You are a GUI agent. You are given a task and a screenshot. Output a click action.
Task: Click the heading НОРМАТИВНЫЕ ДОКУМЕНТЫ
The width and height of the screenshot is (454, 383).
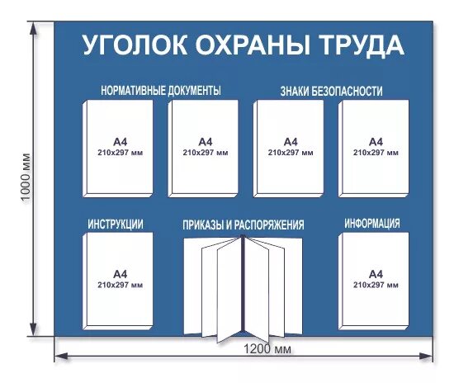pyautogui.click(x=161, y=91)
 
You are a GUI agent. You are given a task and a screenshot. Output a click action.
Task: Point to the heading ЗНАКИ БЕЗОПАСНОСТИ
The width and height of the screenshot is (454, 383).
pyautogui.click(x=331, y=91)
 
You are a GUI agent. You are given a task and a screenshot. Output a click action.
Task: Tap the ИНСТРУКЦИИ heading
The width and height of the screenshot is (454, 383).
pyautogui.click(x=116, y=224)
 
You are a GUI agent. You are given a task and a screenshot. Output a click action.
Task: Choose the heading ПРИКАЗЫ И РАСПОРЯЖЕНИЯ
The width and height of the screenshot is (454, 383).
pyautogui.click(x=244, y=225)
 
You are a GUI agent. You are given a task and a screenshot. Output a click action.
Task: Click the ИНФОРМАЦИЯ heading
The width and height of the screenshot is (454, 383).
pyautogui.click(x=372, y=223)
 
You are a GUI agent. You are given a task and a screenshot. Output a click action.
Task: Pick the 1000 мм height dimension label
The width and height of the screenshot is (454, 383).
pyautogui.click(x=26, y=177)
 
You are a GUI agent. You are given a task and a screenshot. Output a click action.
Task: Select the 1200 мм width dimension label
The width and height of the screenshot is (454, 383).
pyautogui.click(x=267, y=349)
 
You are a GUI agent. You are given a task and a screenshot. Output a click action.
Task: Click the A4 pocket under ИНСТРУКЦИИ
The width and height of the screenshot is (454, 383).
pyautogui.click(x=118, y=281)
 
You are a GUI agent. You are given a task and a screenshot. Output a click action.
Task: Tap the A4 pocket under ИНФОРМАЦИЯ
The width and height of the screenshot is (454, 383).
pyautogui.click(x=373, y=281)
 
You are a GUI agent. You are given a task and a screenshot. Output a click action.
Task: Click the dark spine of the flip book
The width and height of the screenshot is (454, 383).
pyautogui.click(x=243, y=284)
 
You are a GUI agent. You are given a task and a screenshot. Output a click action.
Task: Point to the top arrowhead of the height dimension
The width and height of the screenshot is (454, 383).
pyautogui.click(x=34, y=27)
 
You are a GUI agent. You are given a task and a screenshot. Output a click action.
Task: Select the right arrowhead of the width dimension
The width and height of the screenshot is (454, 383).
pyautogui.click(x=428, y=357)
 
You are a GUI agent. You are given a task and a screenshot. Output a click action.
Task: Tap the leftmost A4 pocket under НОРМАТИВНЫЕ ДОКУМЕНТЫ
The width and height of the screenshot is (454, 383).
pyautogui.click(x=118, y=149)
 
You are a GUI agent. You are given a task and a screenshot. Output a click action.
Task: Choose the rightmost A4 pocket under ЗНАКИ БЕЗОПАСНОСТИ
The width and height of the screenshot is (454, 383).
pyautogui.click(x=373, y=149)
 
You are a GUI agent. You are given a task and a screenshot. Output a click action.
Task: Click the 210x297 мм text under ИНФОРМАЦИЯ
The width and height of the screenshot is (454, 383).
pyautogui.click(x=376, y=285)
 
